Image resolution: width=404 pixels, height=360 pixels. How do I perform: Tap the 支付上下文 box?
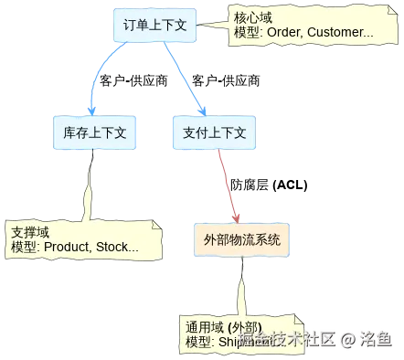point(214,132)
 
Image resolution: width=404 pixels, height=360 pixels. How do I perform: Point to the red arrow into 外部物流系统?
point(227,186)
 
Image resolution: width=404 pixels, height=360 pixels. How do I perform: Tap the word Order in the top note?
point(282,33)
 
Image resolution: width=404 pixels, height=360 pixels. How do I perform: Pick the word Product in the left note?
point(67,247)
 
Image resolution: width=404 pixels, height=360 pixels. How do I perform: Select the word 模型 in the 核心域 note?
point(246,33)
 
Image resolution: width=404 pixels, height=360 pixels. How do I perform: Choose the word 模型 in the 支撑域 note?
point(23,247)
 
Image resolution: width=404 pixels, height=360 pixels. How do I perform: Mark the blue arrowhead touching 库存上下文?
point(91,110)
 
